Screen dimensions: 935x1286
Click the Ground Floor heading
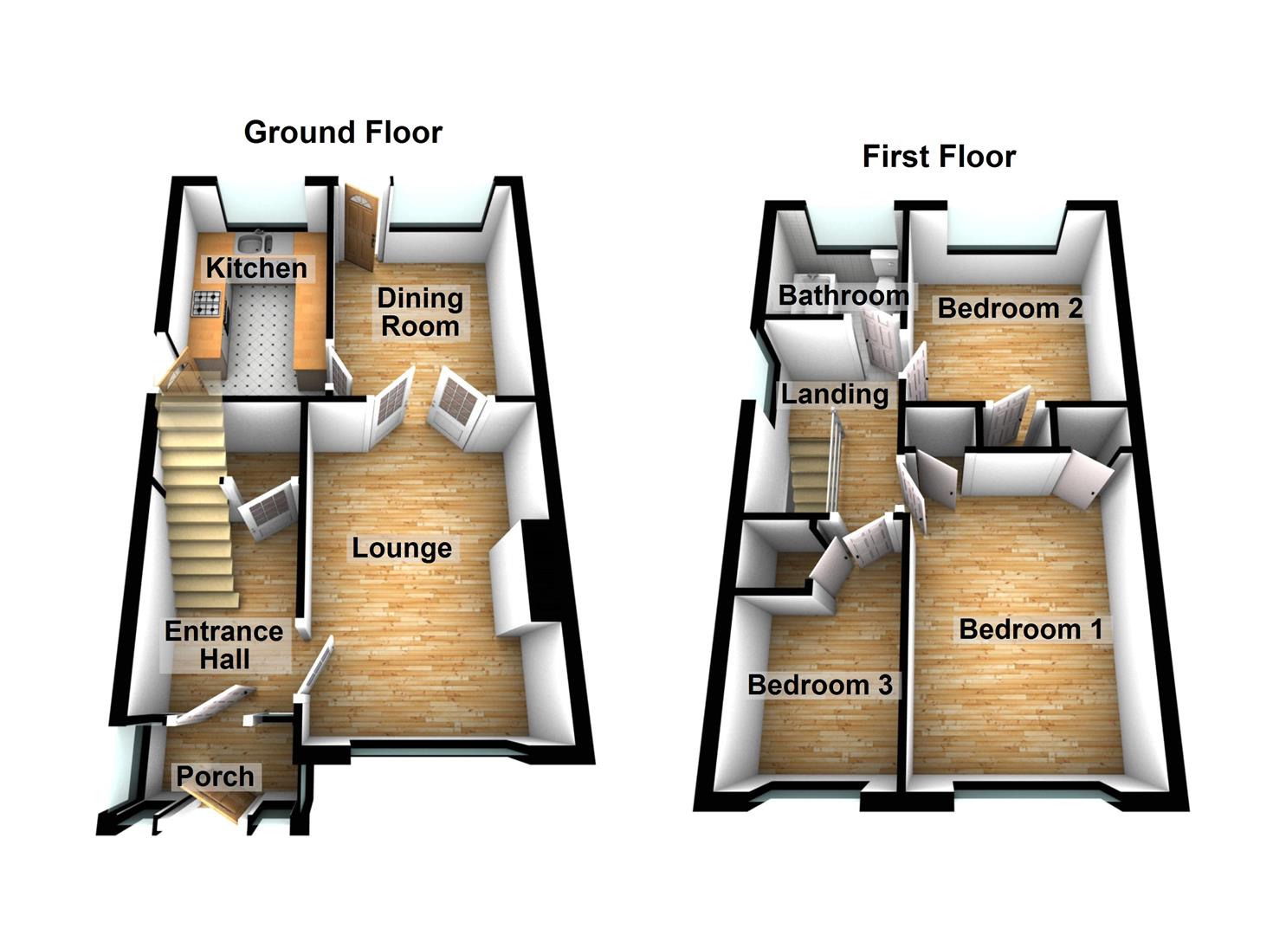coord(343,132)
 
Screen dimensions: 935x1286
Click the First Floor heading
coord(939,157)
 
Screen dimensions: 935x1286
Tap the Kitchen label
coord(256,268)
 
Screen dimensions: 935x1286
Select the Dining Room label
coord(420,312)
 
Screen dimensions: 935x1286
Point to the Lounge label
coord(402,548)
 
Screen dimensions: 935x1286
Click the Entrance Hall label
coord(224,645)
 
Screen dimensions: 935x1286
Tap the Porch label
coord(216,777)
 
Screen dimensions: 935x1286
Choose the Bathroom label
coord(843,295)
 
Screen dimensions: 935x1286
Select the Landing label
coord(835,395)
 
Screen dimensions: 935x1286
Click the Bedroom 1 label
coord(1031,629)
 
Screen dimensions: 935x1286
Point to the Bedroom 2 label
coord(1010,308)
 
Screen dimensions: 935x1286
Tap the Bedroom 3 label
coord(819,685)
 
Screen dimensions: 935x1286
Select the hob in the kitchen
coord(207,303)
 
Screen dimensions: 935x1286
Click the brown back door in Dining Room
coord(359,223)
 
